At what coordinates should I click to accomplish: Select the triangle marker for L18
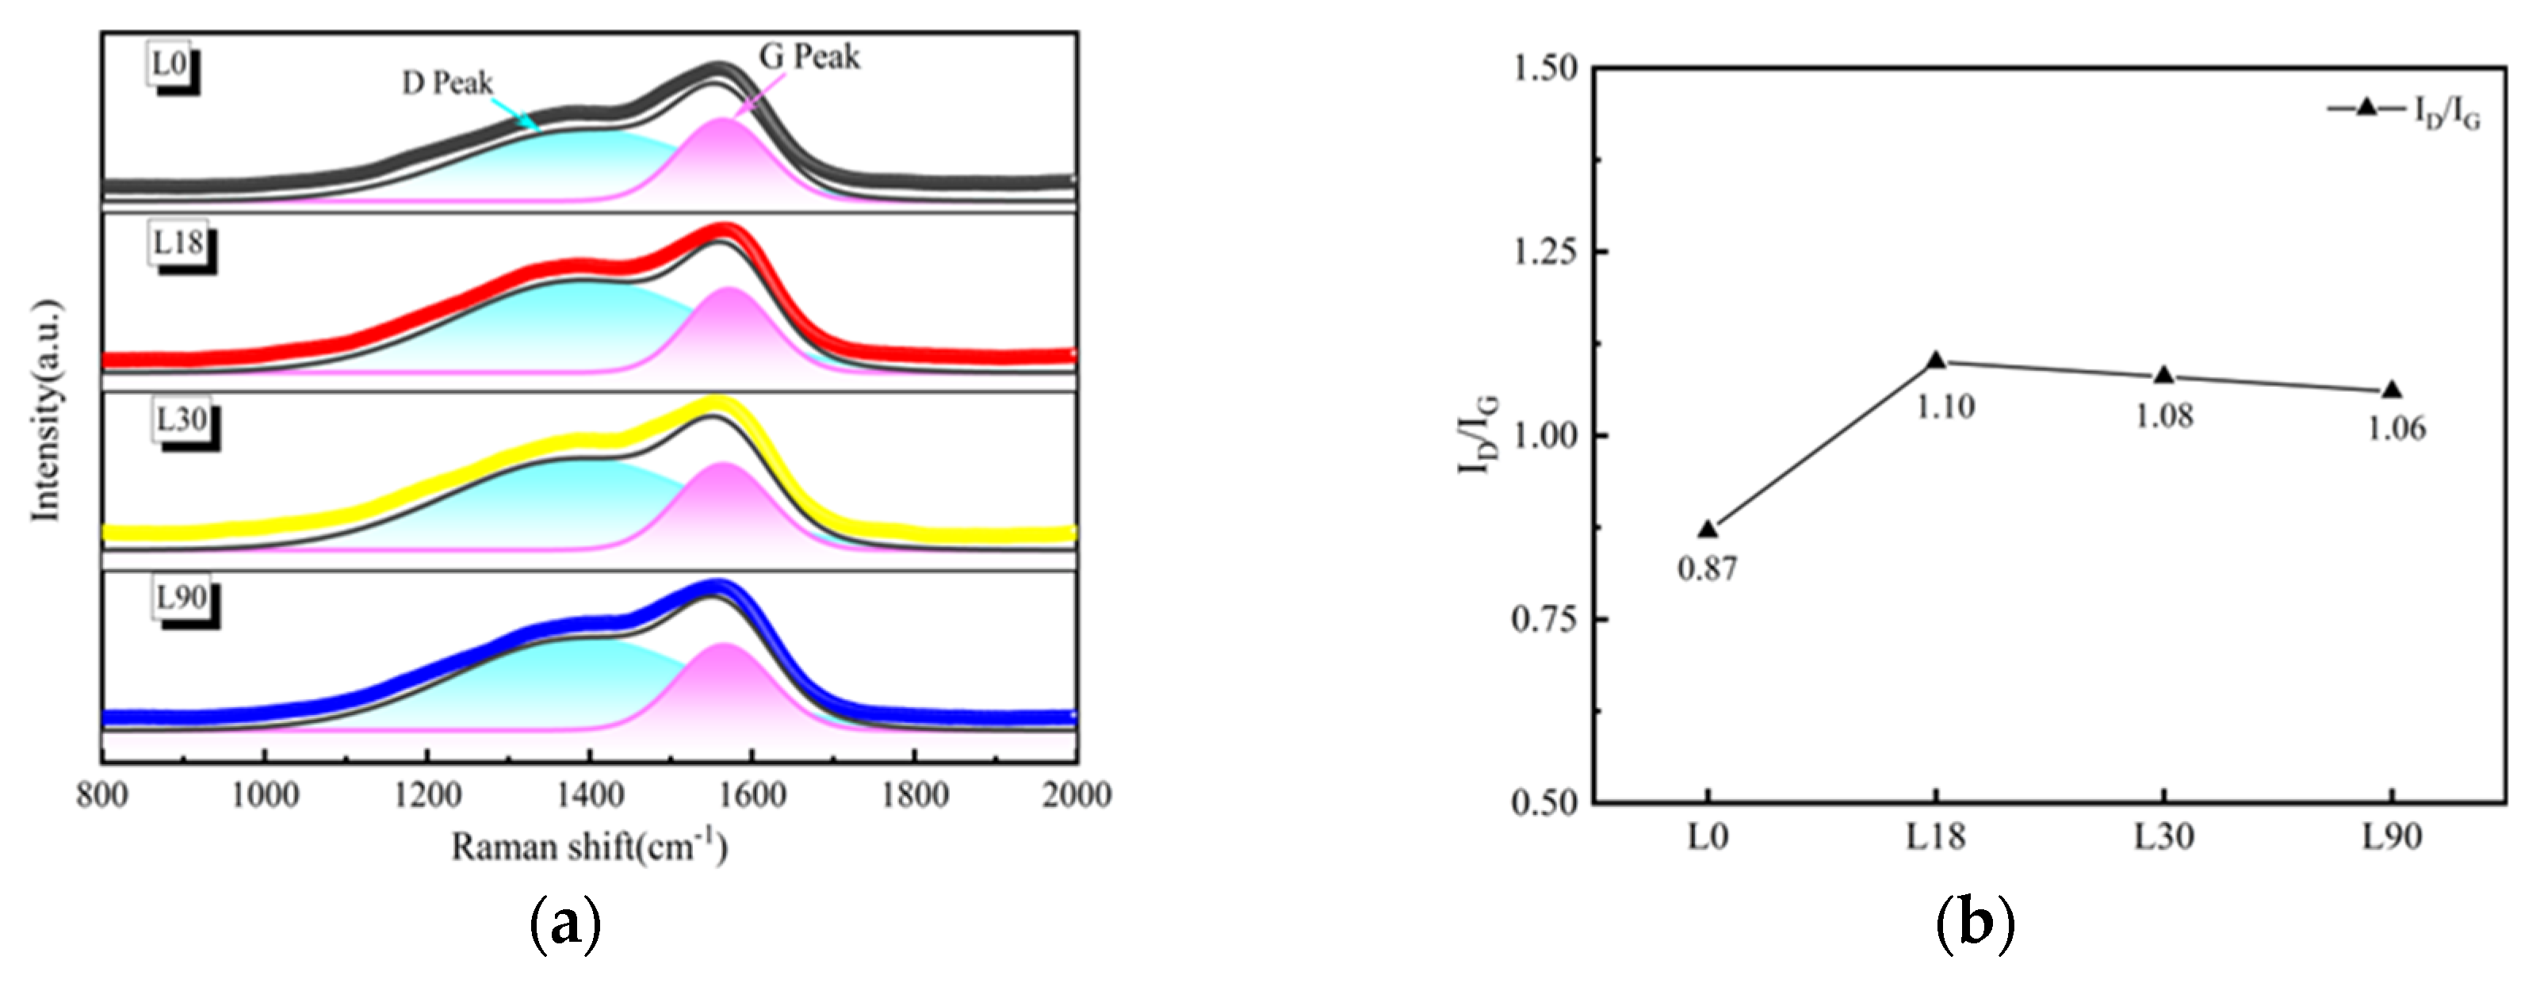(1935, 360)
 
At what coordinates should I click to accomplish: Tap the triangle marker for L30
(2164, 375)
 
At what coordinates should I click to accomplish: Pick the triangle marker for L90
(2391, 391)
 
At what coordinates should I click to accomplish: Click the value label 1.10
(1945, 407)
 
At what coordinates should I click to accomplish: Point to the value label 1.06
(2396, 428)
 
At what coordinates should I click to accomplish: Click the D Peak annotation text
(447, 82)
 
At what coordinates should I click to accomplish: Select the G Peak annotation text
(809, 56)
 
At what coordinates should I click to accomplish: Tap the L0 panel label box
(170, 64)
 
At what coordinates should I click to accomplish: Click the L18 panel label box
(179, 242)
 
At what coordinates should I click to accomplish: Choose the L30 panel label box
(182, 420)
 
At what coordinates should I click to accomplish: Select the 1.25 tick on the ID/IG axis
(1543, 252)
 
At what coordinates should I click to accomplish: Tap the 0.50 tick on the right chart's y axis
(1543, 803)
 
